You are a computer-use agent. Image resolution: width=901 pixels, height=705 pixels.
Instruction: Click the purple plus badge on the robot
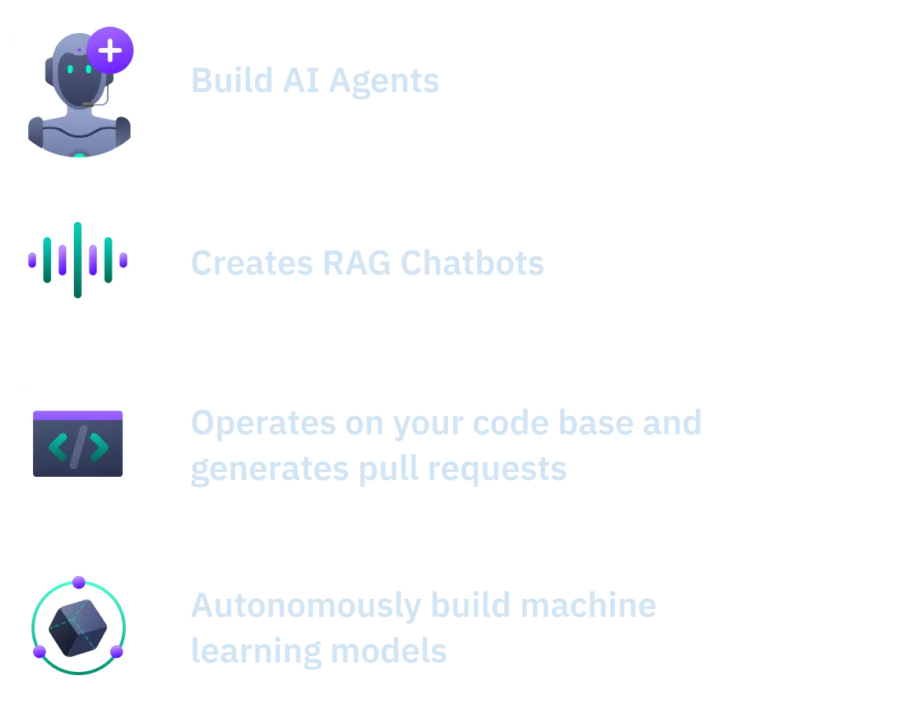[x=110, y=50]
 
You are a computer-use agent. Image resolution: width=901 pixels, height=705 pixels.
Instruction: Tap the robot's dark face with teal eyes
[x=79, y=79]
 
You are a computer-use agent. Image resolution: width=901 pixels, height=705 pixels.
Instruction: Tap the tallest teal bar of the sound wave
[x=78, y=260]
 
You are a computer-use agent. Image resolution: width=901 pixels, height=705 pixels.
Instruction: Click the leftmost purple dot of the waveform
[x=32, y=260]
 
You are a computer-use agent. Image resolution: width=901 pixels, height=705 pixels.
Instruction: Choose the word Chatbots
[x=472, y=262]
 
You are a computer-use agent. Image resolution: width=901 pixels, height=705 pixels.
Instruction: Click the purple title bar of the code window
[x=78, y=415]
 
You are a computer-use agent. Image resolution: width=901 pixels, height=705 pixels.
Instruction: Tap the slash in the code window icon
[x=78, y=447]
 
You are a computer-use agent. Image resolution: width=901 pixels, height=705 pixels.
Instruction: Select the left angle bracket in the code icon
[x=57, y=447]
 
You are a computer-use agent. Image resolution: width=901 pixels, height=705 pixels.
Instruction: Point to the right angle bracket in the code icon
[x=98, y=447]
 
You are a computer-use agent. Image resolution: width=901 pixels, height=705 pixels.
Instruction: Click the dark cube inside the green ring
[x=78, y=628]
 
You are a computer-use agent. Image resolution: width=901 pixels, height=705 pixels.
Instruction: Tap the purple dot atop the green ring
[x=79, y=582]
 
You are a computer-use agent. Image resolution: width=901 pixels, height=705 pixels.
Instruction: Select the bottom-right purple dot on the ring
[x=116, y=651]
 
